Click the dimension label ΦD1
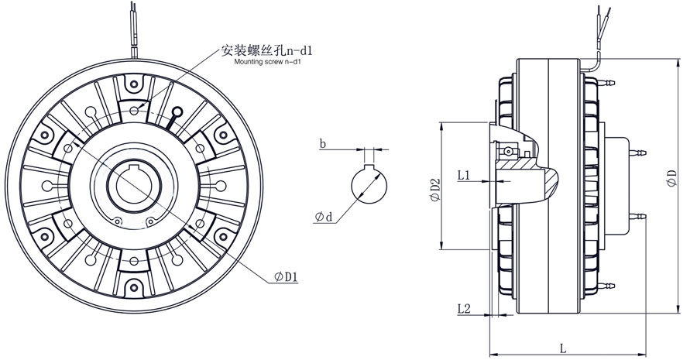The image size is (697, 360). (287, 276)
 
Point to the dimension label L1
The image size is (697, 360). (465, 176)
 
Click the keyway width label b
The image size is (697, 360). (322, 143)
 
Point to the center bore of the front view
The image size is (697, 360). (136, 183)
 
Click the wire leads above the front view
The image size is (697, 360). (135, 27)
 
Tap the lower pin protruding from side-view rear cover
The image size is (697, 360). (641, 216)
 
